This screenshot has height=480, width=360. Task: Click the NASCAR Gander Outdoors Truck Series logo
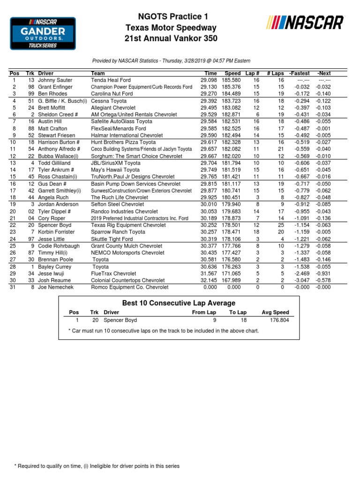(43, 33)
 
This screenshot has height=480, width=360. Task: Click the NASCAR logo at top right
(305, 22)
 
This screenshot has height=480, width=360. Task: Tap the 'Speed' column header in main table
(232, 74)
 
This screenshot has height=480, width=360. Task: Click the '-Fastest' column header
(300, 74)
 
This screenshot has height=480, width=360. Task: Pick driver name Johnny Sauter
(55, 80)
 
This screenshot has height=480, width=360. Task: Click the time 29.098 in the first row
(209, 80)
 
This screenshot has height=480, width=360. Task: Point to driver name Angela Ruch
(53, 198)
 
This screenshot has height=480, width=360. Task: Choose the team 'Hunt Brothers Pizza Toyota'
(123, 142)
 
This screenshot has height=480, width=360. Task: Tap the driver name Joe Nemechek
(56, 287)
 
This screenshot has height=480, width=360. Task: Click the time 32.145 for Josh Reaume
(209, 280)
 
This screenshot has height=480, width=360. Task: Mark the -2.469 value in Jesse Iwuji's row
(300, 273)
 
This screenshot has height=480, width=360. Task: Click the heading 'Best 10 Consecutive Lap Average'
(179, 303)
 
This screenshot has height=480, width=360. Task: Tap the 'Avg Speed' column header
(275, 312)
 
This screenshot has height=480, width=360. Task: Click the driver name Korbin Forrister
(56, 232)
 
